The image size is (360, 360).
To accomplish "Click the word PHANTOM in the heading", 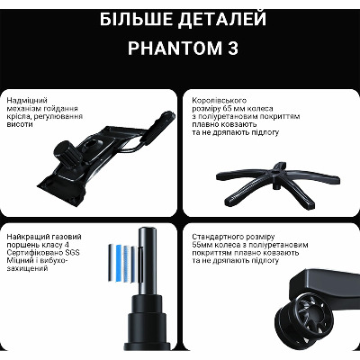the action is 175,48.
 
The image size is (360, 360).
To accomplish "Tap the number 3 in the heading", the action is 233,48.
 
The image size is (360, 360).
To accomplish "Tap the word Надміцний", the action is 27,101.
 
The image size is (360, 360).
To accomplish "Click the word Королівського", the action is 220,101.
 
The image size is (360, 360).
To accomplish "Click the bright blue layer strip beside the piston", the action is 119,263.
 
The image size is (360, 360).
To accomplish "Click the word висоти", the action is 20,124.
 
